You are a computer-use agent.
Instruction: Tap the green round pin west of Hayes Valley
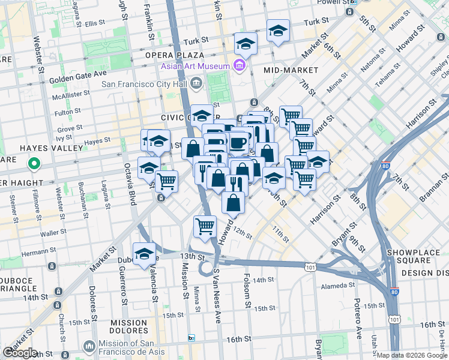[x=35, y=163]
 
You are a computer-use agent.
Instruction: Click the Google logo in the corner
[x=20, y=353]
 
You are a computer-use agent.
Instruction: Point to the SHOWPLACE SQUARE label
[x=416, y=256]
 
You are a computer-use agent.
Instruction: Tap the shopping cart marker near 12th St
[x=205, y=226]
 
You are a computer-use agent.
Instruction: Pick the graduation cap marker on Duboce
[x=144, y=253]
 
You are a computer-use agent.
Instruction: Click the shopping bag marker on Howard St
[x=233, y=203]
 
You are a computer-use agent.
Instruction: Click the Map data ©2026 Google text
[x=412, y=355]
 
